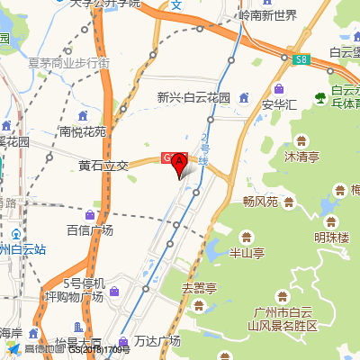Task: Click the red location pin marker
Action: point(178,163)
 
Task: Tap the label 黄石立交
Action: point(103,166)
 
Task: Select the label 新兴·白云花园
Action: point(193,97)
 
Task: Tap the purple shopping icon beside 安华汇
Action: point(280,88)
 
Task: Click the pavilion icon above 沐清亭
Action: point(301,140)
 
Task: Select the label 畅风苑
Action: point(261,200)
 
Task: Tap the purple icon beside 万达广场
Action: point(118,341)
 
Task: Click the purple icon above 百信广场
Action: point(90,214)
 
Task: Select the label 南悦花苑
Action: point(83,131)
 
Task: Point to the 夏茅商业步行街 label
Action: point(69,63)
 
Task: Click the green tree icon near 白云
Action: point(319,96)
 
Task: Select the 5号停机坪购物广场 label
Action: point(76,290)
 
